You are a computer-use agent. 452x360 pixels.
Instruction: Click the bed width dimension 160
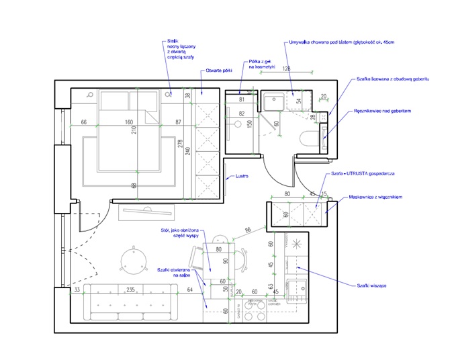pyautogui.click(x=128, y=122)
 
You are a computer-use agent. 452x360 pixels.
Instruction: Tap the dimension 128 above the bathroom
pyautogui.click(x=287, y=69)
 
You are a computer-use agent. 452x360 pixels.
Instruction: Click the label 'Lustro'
pyautogui.click(x=242, y=177)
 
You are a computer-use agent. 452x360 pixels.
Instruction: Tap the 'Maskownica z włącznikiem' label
pyautogui.click(x=375, y=197)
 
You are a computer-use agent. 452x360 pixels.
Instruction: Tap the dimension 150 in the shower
pyautogui.click(x=248, y=124)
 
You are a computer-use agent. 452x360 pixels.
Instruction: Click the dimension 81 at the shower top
pyautogui.click(x=241, y=99)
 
